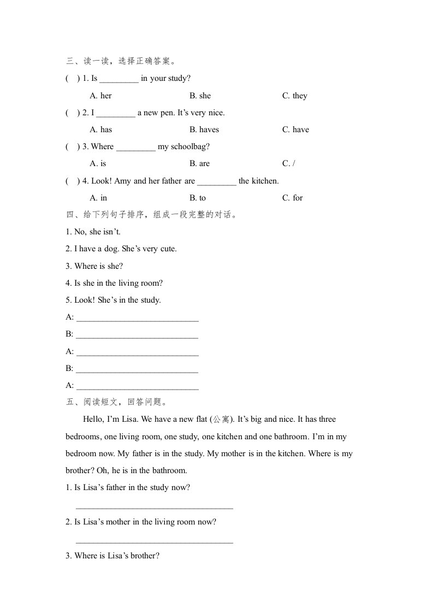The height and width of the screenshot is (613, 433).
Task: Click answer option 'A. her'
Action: pyautogui.click(x=100, y=96)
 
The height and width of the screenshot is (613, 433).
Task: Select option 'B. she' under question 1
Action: pyautogui.click(x=200, y=96)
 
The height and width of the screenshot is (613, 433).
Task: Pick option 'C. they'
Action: pyautogui.click(x=295, y=96)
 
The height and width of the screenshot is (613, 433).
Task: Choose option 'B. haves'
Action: pyautogui.click(x=204, y=129)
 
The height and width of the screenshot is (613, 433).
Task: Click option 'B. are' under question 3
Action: pyautogui.click(x=199, y=163)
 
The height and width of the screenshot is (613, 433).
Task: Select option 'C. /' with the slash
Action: pyautogui.click(x=288, y=163)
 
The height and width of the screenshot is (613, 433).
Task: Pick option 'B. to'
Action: pyautogui.click(x=198, y=198)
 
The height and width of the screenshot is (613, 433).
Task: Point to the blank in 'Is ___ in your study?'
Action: pyautogui.click(x=119, y=79)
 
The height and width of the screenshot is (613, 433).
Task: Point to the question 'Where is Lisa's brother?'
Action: pyautogui.click(x=112, y=556)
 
